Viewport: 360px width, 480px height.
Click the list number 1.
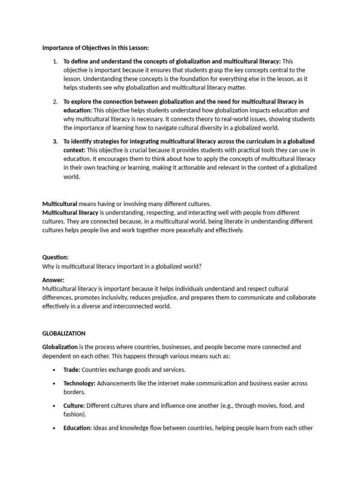pos(55,61)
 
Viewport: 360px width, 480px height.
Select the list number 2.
pos(55,102)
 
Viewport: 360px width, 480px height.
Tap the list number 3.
pos(55,142)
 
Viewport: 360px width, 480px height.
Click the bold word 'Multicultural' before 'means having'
pos(60,204)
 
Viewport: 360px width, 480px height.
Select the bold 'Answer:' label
pos(53,280)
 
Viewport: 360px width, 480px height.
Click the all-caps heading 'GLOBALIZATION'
pos(64,333)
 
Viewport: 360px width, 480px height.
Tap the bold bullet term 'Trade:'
pos(72,369)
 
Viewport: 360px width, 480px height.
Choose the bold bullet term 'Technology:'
pos(79,383)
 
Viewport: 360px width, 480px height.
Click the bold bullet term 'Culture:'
pos(74,405)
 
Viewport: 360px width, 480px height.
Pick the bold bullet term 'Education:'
pos(77,427)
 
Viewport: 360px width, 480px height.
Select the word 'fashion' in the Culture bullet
pos(74,414)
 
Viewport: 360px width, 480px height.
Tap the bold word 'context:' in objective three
pos(74,150)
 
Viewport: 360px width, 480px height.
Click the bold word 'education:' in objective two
pos(77,110)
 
